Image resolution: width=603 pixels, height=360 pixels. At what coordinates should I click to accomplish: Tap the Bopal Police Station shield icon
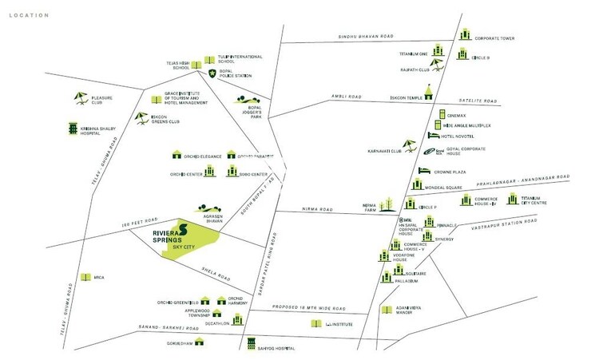click(x=212, y=73)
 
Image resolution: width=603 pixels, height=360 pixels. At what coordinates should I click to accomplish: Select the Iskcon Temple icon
click(x=430, y=92)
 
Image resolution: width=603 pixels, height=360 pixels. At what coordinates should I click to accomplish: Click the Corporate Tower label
click(x=493, y=38)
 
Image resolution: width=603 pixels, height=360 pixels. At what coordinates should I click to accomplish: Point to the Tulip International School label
click(x=240, y=59)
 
